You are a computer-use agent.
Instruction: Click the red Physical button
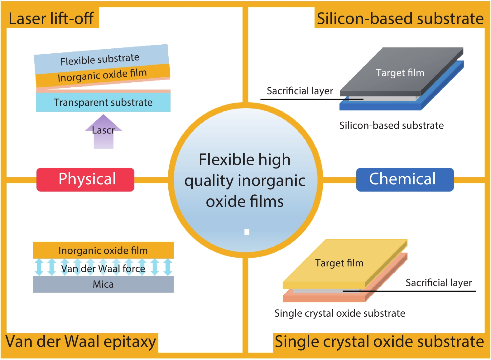click(85, 179)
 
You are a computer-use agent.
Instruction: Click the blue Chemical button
click(405, 179)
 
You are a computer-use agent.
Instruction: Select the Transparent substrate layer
click(103, 102)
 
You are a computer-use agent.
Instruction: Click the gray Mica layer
click(103, 284)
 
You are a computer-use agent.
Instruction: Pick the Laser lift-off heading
click(51, 18)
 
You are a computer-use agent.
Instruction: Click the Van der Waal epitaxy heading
click(81, 342)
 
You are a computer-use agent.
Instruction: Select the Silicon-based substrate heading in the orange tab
click(400, 18)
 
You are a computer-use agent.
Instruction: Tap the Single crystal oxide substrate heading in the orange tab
click(379, 342)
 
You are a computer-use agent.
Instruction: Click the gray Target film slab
click(400, 72)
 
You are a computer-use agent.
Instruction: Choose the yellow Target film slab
click(339, 263)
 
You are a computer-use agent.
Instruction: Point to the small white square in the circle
click(247, 232)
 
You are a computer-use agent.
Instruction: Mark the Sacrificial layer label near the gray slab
click(300, 91)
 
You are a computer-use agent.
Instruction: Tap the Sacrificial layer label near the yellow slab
click(438, 283)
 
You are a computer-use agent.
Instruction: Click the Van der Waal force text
click(103, 268)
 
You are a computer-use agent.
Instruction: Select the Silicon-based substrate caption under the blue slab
click(391, 125)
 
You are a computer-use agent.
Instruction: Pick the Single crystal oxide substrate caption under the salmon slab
click(339, 313)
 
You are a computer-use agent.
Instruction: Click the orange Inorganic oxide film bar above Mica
click(103, 250)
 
